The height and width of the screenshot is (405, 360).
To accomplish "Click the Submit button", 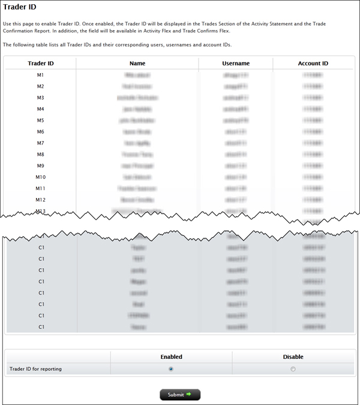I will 179,395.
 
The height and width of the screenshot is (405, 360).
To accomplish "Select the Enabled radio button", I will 171,369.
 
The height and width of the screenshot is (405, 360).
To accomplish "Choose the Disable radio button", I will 293,369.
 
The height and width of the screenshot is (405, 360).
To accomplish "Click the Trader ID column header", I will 41,63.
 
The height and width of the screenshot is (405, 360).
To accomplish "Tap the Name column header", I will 137,63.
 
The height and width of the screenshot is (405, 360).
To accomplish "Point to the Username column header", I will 236,63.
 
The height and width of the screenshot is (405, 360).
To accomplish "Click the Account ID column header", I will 313,63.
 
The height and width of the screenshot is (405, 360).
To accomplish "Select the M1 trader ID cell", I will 40,75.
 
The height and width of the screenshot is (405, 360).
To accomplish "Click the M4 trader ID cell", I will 40,109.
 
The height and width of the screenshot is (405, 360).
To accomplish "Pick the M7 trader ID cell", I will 40,143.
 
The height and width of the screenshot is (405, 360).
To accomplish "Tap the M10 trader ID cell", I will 40,177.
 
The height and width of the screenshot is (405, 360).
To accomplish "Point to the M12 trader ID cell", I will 40,200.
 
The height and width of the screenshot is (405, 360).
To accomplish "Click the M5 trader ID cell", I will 40,121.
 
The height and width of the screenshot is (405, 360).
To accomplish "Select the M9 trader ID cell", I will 40,166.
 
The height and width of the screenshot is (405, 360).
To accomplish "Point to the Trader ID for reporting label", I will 35,369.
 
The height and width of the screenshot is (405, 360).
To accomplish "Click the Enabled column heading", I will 171,356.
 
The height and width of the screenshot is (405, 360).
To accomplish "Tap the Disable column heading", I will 293,356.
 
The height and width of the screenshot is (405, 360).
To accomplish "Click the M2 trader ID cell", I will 40,86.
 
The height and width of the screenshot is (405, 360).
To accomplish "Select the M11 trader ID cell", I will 40,188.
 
